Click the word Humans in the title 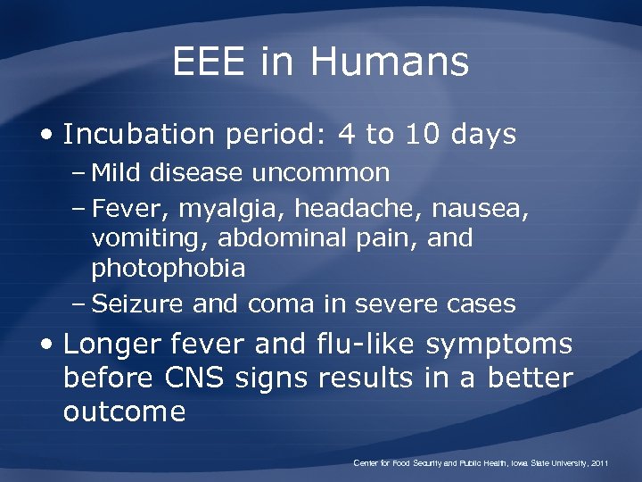pyautogui.click(x=390, y=62)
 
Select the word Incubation pyautogui.click(x=142, y=135)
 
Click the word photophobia pyautogui.click(x=169, y=269)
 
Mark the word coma pyautogui.click(x=281, y=304)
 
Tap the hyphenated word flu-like pyautogui.click(x=366, y=344)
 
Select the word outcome pyautogui.click(x=124, y=411)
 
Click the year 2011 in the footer pyautogui.click(x=597, y=464)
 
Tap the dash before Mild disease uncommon pyautogui.click(x=78, y=173)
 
